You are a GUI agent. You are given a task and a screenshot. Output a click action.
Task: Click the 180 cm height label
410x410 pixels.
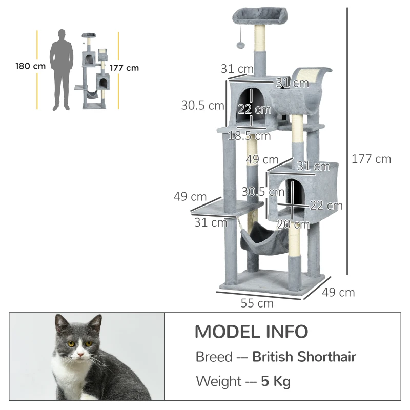point(30,66)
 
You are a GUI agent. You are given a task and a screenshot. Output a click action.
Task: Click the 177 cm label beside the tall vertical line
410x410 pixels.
point(371,159)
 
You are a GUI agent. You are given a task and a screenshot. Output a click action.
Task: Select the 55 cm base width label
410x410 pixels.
point(257,303)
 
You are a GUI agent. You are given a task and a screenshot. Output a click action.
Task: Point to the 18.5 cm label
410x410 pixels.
point(250,136)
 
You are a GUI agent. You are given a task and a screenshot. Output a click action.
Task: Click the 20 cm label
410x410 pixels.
point(293,224)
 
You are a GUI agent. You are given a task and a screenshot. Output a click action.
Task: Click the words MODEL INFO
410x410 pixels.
point(251,332)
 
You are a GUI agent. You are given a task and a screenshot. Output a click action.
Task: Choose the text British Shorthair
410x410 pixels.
point(304,357)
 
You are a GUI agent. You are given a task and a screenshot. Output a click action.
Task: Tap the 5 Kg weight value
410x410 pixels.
point(276,381)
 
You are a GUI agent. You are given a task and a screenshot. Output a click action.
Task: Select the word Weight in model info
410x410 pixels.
point(218,381)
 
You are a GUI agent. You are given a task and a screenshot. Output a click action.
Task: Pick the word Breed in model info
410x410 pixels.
point(214,357)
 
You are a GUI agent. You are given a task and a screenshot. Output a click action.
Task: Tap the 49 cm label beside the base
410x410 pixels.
point(338,293)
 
